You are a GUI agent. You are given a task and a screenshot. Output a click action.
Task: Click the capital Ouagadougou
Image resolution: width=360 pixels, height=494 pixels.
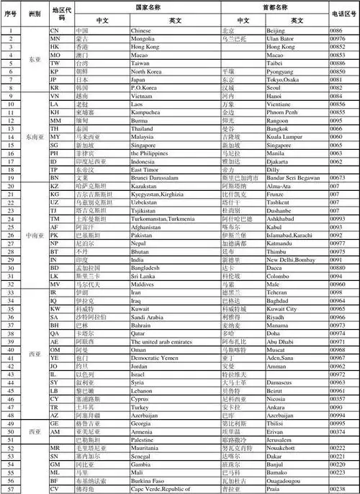click(x=286, y=480)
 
